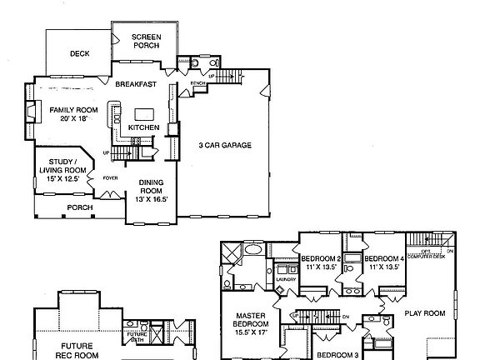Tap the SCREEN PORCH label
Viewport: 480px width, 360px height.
coord(145,42)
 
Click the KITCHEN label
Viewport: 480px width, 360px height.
coord(144,127)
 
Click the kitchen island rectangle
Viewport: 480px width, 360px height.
coord(145,112)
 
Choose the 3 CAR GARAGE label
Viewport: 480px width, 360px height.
coord(224,145)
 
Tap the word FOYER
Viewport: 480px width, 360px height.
coord(109,177)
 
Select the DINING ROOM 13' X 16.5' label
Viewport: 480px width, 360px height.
coord(151,190)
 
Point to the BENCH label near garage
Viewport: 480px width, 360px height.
coord(197,84)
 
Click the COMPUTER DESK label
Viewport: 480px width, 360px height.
coord(429,255)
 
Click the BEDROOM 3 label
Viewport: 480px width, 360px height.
coord(336,354)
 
